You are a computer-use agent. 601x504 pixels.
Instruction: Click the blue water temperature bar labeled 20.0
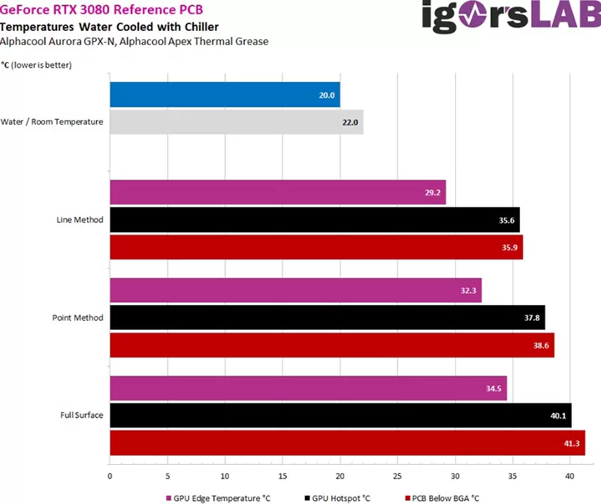[225, 95]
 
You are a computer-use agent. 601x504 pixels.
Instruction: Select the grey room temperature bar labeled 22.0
[236, 122]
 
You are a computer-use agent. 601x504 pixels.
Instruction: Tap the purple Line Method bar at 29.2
[278, 192]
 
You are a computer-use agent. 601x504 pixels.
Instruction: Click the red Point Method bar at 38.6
[331, 345]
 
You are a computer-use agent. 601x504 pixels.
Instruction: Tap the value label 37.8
[533, 318]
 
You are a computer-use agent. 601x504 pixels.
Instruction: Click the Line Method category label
[80, 220]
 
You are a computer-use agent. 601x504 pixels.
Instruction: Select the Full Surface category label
[82, 415]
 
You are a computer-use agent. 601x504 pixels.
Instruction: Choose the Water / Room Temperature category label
[52, 122]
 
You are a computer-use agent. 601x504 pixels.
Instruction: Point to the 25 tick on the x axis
[397, 475]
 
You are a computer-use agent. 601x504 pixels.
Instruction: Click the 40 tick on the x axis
[570, 475]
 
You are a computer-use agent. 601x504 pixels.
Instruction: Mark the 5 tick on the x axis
[168, 475]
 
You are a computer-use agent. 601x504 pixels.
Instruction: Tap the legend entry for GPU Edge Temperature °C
[218, 497]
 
